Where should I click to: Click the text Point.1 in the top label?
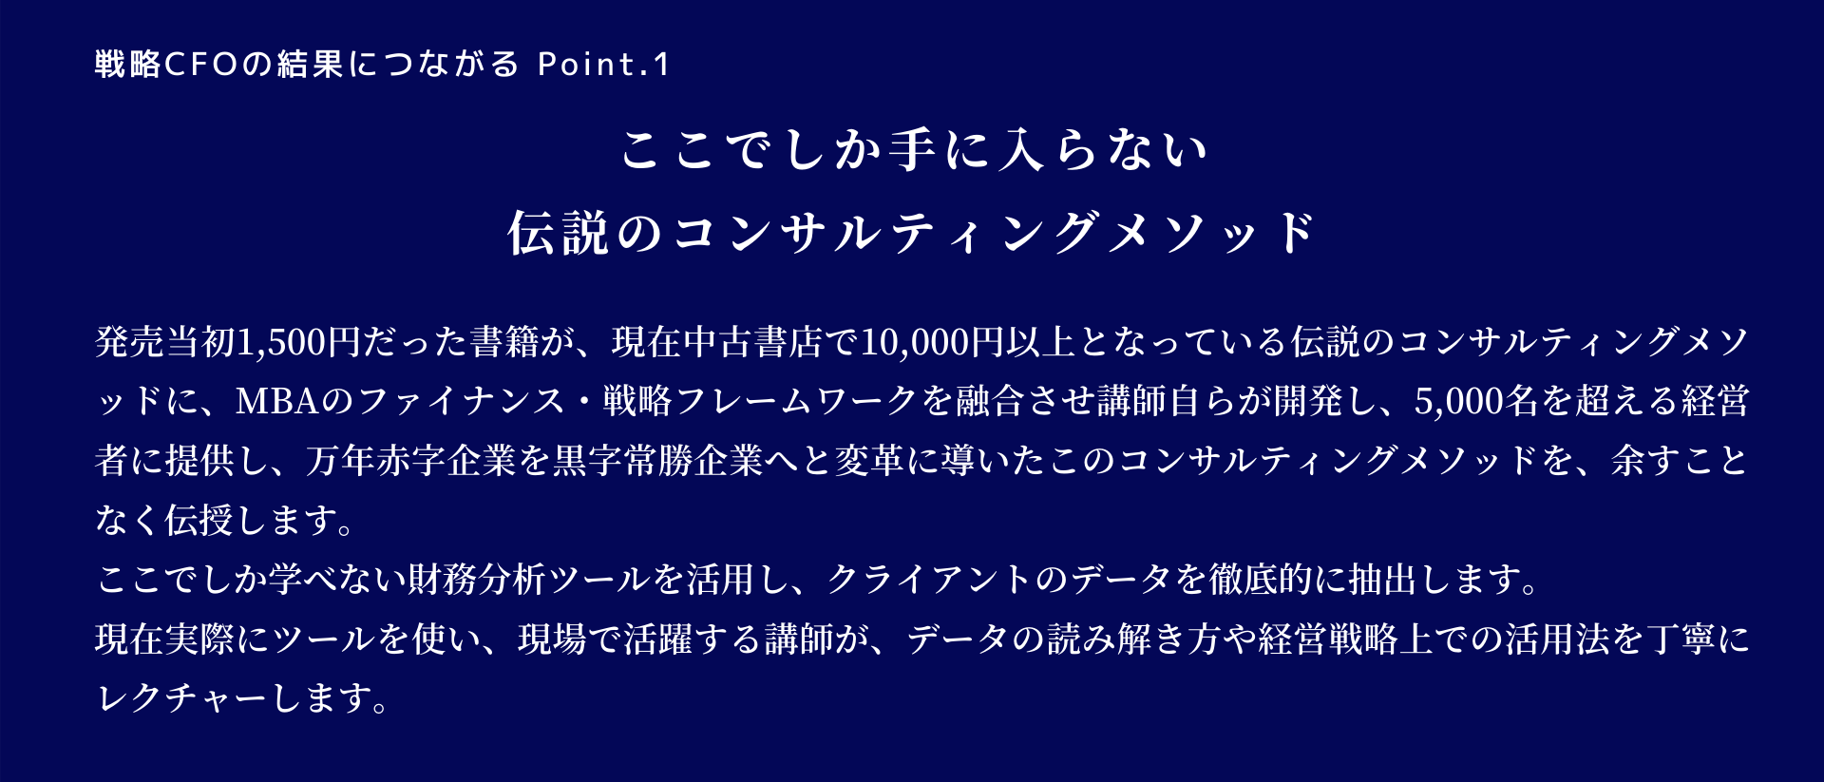point(604,65)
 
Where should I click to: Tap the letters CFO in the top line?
point(200,65)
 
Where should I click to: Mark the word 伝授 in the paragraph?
point(200,520)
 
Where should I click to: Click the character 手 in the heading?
point(911,150)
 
